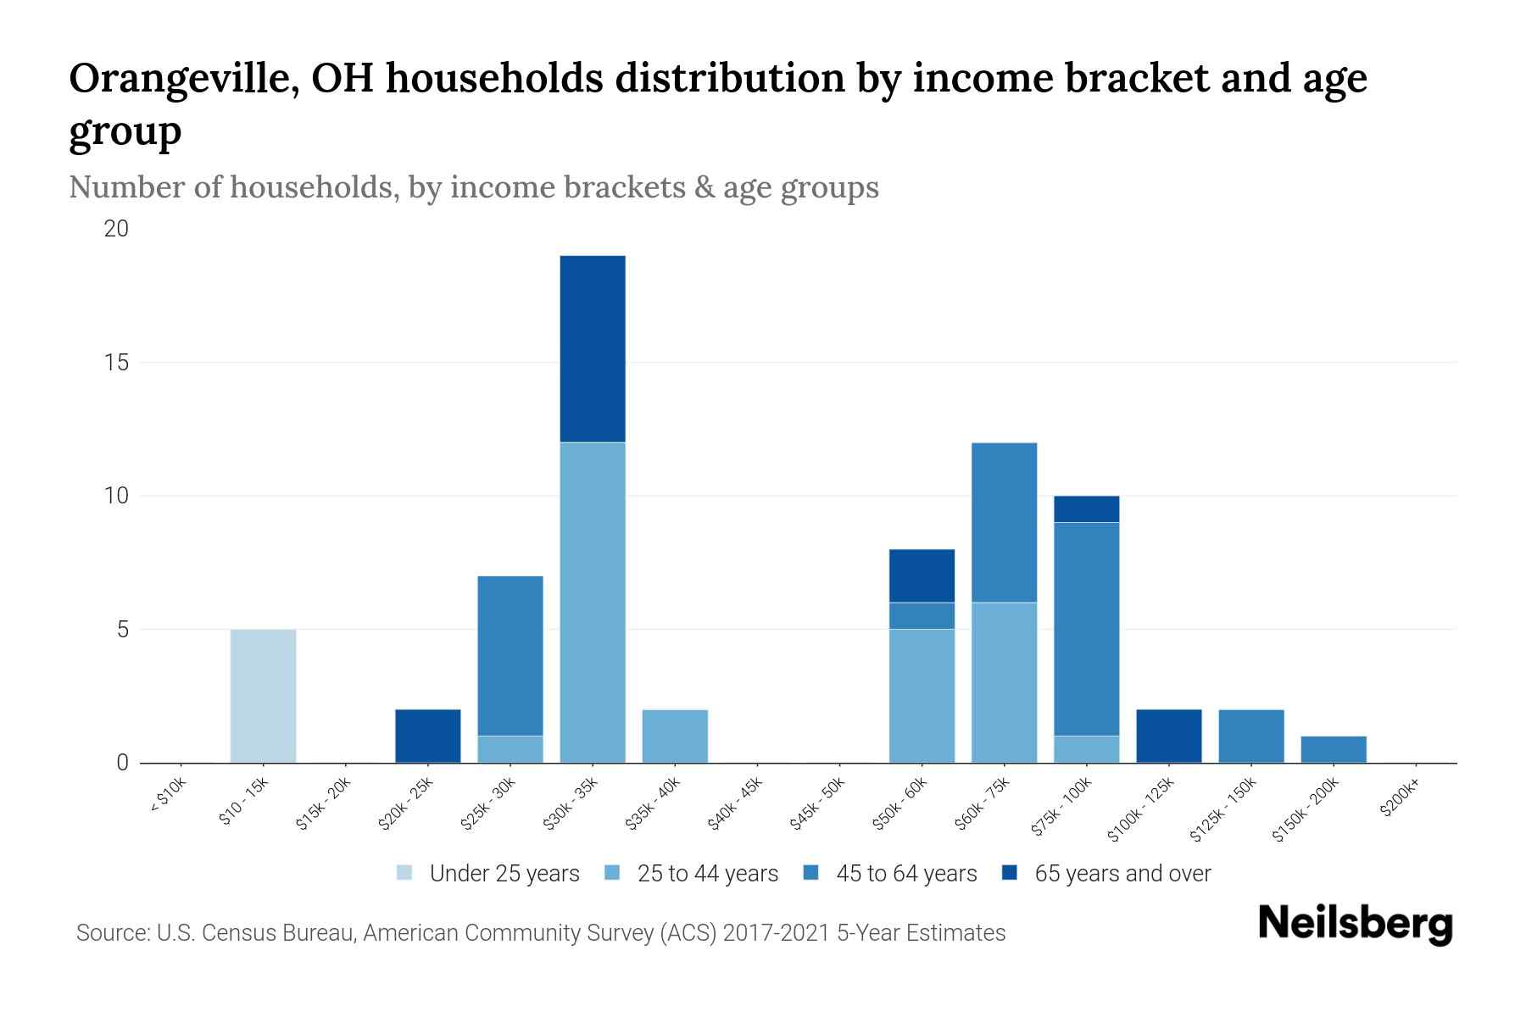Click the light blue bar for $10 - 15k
click(263, 696)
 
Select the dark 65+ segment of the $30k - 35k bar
click(593, 348)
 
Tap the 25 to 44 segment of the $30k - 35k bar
click(593, 602)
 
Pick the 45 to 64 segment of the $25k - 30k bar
click(510, 655)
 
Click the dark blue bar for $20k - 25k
click(428, 736)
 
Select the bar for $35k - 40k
click(675, 736)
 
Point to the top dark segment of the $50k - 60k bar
click(922, 575)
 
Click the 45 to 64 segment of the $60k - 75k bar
click(1004, 522)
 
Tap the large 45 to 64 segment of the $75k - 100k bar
click(1086, 628)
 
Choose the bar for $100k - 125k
click(1168, 736)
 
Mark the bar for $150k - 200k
click(1334, 749)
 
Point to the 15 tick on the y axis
click(117, 363)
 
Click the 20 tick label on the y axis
click(115, 229)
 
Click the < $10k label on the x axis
click(168, 797)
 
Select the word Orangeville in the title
click(182, 79)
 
